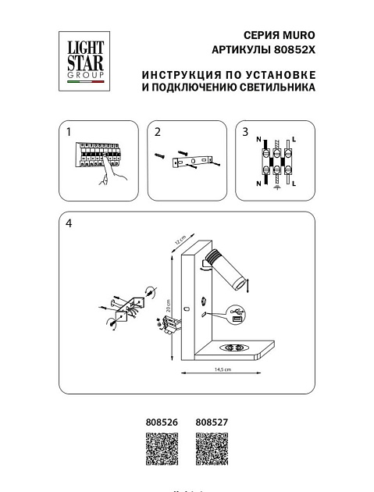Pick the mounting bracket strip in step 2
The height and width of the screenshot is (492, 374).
point(192,162)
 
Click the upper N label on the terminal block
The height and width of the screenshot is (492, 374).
point(258,137)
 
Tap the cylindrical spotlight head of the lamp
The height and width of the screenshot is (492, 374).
point(230,267)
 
